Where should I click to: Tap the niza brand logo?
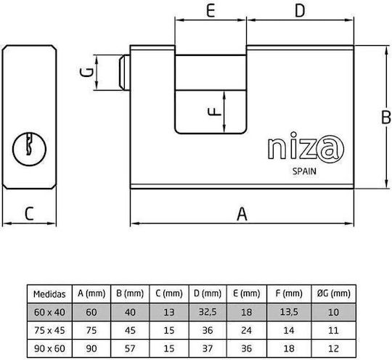click(x=306, y=147)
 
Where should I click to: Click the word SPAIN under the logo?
click(x=304, y=171)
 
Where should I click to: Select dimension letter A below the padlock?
click(x=242, y=214)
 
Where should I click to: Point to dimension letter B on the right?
click(x=386, y=117)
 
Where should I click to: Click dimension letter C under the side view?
click(x=29, y=213)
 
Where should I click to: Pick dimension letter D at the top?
click(x=300, y=10)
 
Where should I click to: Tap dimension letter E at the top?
click(x=211, y=10)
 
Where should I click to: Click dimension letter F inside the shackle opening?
click(x=214, y=111)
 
